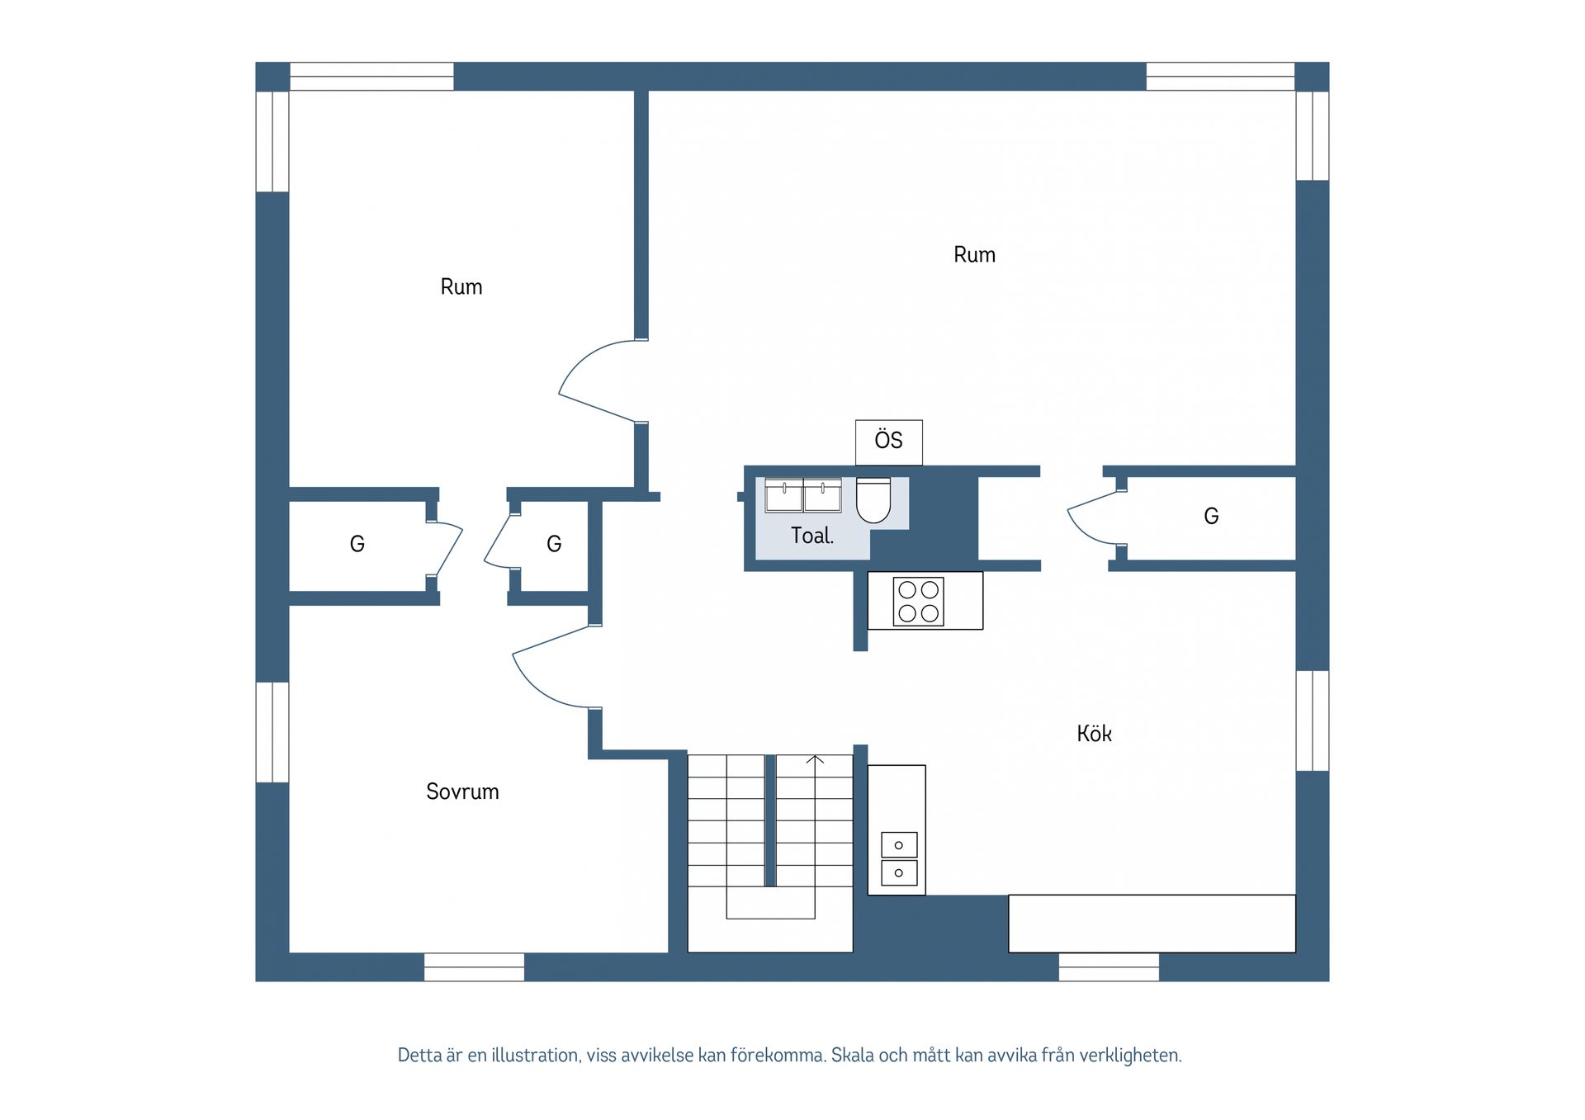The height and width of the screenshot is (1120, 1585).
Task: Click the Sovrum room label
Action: point(462,792)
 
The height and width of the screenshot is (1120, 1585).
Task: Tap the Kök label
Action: point(1094,733)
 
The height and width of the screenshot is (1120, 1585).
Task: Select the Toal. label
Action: point(812,536)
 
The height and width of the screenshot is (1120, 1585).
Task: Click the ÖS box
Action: point(888,442)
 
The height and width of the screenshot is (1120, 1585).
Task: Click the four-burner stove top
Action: point(918,601)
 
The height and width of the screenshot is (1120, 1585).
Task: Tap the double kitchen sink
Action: point(899,858)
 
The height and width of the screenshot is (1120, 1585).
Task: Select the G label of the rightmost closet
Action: point(1211,516)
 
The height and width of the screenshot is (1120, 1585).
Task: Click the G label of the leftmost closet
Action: point(357,544)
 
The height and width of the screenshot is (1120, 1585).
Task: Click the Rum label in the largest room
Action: point(974,254)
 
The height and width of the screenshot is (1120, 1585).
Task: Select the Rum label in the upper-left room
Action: point(461,286)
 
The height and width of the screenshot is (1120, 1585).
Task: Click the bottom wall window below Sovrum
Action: point(474,967)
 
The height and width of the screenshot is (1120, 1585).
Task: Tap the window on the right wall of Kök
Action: point(1313,721)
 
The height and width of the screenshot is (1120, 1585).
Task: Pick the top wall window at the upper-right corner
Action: point(1220,76)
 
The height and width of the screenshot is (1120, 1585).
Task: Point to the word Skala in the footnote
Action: point(852,1055)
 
